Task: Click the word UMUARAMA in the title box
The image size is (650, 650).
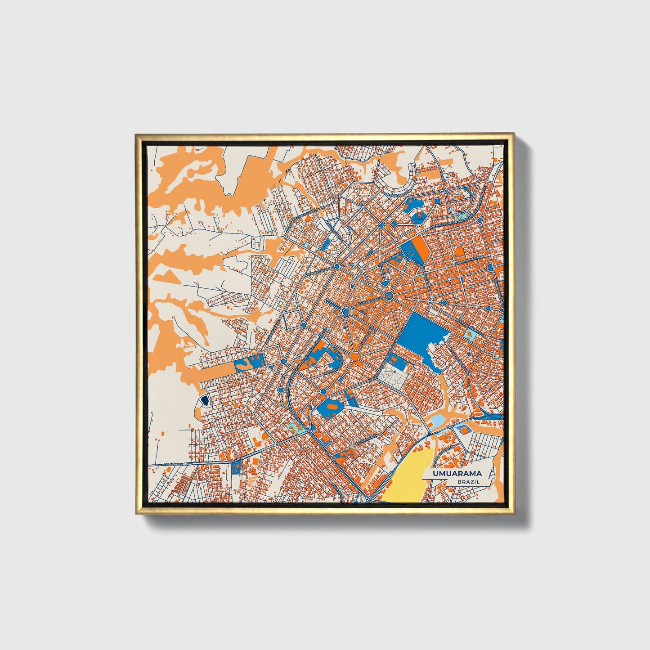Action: [457, 473]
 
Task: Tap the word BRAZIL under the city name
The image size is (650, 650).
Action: [468, 482]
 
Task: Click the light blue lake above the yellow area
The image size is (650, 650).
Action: [436, 421]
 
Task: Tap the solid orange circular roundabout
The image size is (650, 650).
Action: [354, 357]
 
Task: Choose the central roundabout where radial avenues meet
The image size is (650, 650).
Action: [389, 296]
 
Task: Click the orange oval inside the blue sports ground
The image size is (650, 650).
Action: [332, 407]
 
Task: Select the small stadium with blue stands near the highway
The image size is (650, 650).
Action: [463, 430]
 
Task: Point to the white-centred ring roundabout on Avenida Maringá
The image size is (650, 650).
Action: [455, 258]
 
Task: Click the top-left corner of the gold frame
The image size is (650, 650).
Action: [137, 135]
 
